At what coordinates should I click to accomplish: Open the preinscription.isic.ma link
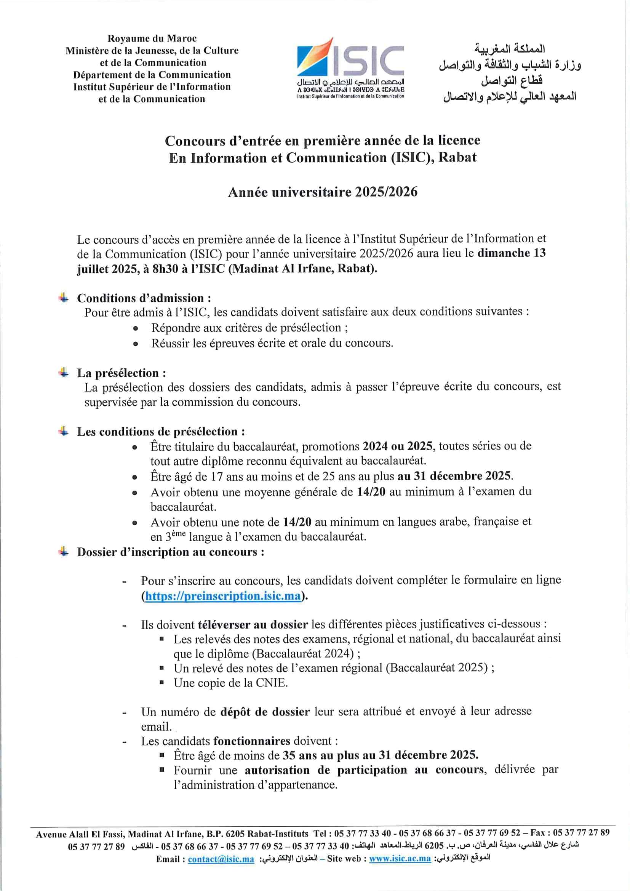(223, 596)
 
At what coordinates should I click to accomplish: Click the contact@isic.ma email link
(221, 859)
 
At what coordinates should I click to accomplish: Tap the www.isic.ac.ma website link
(400, 859)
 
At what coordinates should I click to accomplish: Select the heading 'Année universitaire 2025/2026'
(322, 192)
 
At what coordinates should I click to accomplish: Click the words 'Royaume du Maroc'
(152, 38)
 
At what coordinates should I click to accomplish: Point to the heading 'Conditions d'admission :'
(144, 298)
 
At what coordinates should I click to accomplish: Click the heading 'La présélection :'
(122, 373)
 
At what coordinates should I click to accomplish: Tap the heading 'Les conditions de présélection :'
(161, 432)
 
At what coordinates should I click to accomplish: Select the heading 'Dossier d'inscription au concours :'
(171, 552)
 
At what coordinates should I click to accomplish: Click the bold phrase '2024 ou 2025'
(397, 446)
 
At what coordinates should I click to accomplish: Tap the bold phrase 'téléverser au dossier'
(253, 624)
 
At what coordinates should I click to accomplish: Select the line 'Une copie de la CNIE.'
(230, 683)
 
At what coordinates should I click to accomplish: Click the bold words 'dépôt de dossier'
(265, 712)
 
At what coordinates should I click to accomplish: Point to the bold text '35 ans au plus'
(321, 755)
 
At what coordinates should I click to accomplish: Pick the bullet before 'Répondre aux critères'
(135, 328)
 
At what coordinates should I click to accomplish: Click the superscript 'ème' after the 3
(179, 534)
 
